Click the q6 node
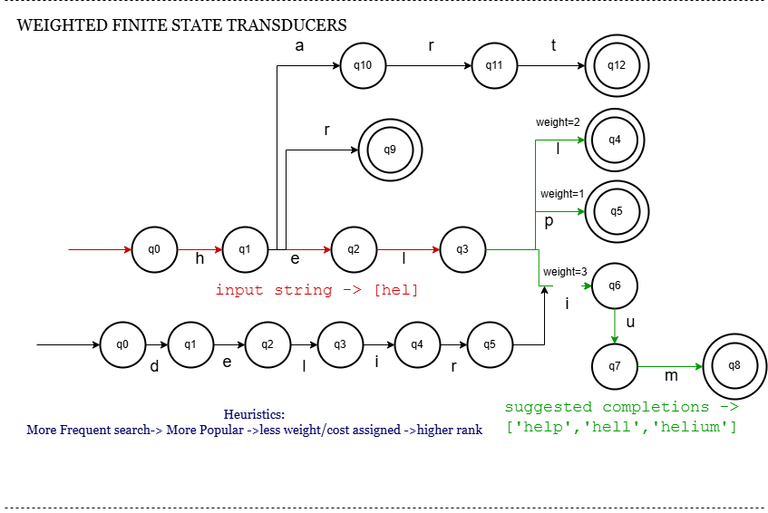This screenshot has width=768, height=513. tap(615, 286)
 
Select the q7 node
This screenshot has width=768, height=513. tap(615, 366)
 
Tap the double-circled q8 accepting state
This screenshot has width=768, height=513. tap(734, 366)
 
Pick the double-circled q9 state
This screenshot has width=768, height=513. tap(390, 150)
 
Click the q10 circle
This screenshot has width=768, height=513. tap(363, 65)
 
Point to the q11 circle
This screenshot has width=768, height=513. tap(494, 65)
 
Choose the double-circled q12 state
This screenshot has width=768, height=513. tap(617, 65)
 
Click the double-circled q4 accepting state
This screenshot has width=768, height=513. tap(615, 140)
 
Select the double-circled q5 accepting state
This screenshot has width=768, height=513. tap(617, 211)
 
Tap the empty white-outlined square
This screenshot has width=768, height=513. tap(567, 304)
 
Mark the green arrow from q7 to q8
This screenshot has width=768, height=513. tap(671, 367)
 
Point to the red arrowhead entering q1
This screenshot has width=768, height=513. tap(219, 249)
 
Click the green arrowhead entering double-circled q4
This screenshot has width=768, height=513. tap(581, 140)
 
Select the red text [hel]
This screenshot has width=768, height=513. tap(396, 291)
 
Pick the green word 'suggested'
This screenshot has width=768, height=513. tap(549, 407)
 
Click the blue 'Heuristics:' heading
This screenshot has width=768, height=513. tap(254, 414)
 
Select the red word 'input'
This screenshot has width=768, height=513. tap(239, 291)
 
